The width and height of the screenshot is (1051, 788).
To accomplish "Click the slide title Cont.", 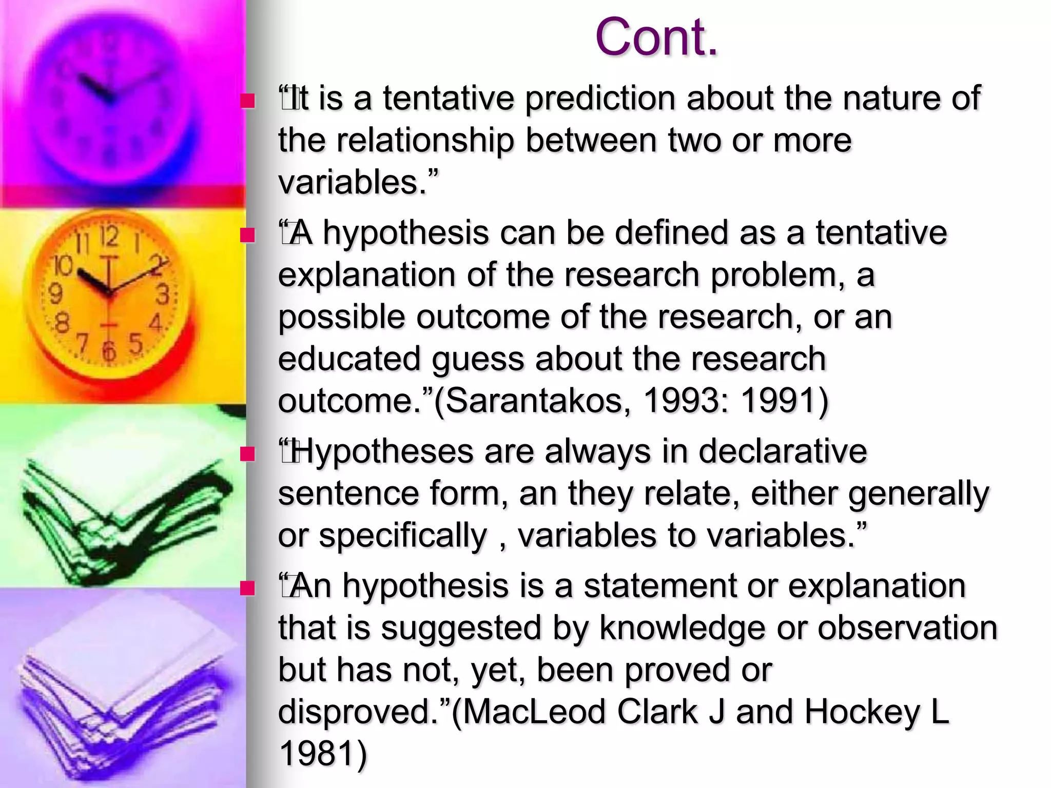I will tap(656, 37).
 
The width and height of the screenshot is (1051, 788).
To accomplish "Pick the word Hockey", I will tap(862, 712).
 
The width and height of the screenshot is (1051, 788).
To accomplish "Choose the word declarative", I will tap(782, 451).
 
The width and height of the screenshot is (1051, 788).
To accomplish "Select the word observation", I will tap(907, 627).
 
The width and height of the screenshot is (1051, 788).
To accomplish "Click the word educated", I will tap(349, 358).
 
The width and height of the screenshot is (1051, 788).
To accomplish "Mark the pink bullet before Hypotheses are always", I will tap(248, 454).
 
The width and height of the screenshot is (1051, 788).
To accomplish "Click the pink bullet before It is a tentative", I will tap(248, 101).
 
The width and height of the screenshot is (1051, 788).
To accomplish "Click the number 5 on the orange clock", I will tap(135, 343).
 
